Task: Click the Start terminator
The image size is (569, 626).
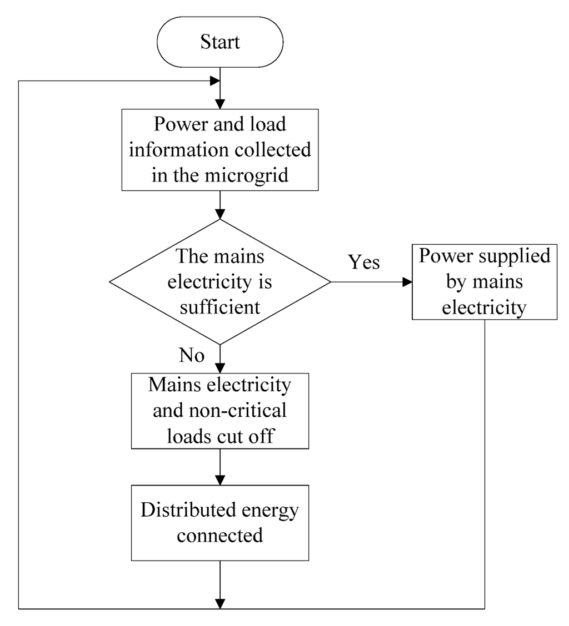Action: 220,42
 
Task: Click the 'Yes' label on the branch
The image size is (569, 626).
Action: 364,262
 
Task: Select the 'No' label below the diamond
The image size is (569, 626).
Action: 192,355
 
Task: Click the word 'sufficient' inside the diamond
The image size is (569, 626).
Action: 220,307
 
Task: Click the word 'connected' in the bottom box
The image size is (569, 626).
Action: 220,536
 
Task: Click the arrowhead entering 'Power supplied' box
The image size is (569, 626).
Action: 407,282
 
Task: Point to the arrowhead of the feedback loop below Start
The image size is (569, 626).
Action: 214,81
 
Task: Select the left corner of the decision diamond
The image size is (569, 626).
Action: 111,282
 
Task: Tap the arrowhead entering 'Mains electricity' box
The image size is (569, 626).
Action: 220,368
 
